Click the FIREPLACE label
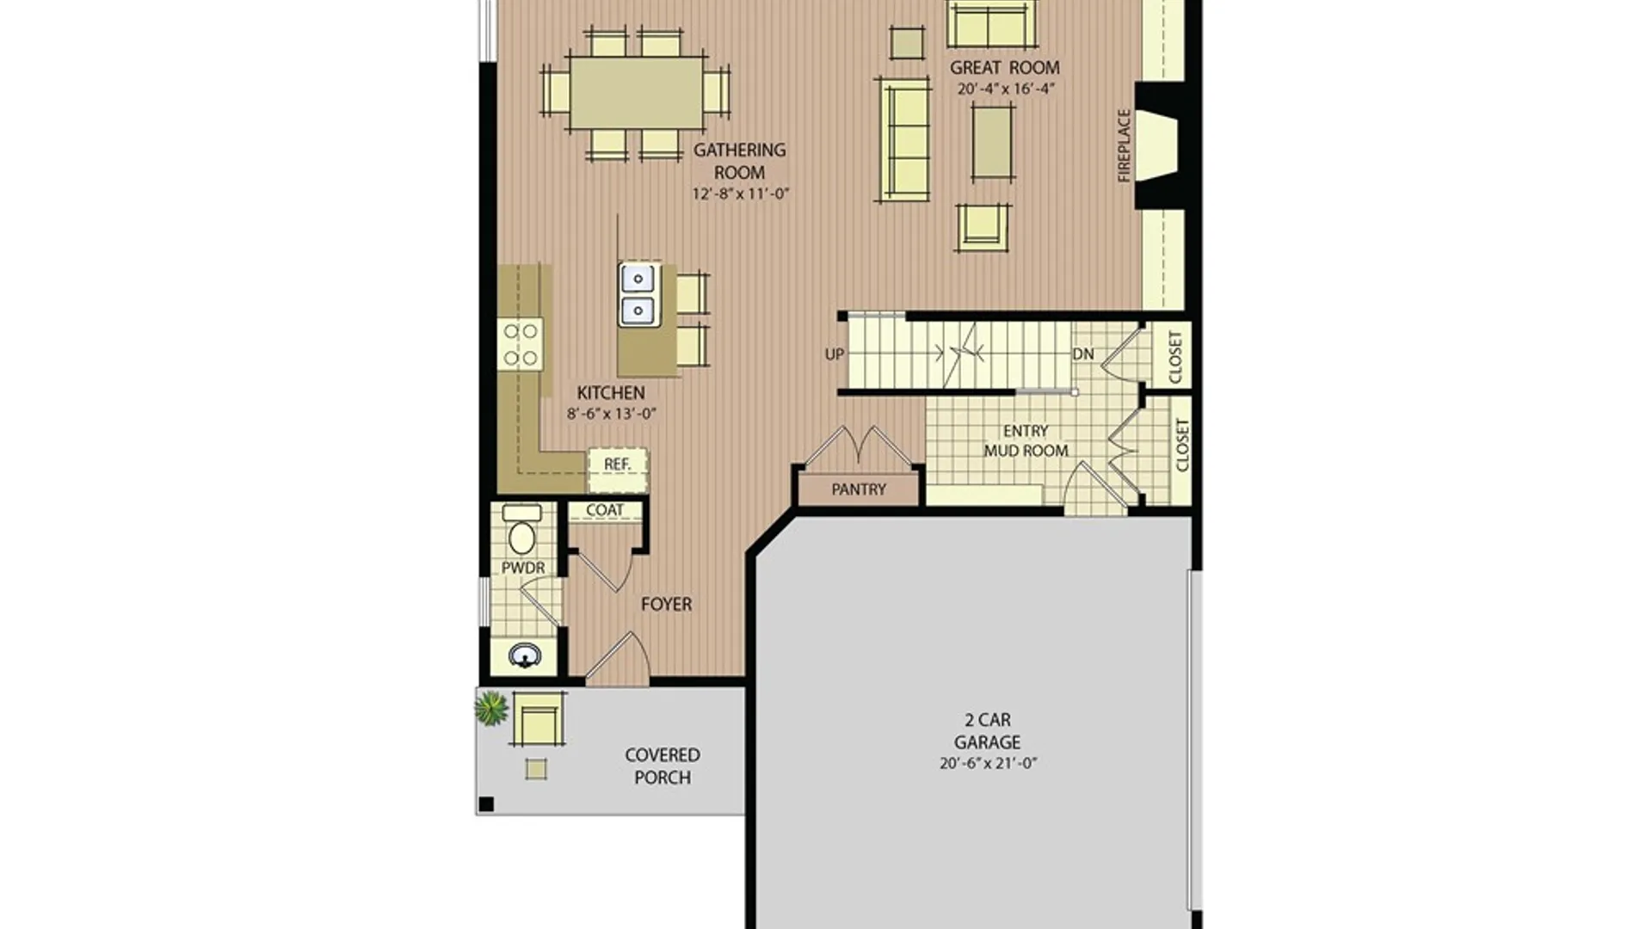[1124, 145]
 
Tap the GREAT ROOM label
[1004, 67]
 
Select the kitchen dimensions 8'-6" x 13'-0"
[611, 414]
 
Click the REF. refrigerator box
[618, 470]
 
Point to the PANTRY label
[858, 489]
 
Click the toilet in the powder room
[521, 530]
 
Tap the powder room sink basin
[525, 656]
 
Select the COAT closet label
[604, 510]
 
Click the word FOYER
[666, 604]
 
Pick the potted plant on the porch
[490, 708]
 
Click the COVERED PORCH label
[663, 766]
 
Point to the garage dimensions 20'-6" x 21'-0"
[988, 763]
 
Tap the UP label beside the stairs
[834, 354]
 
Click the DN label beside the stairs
[1083, 354]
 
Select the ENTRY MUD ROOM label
[1026, 440]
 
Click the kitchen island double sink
[638, 294]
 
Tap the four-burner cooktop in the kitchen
[520, 345]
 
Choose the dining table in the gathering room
[636, 92]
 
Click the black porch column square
[486, 804]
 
